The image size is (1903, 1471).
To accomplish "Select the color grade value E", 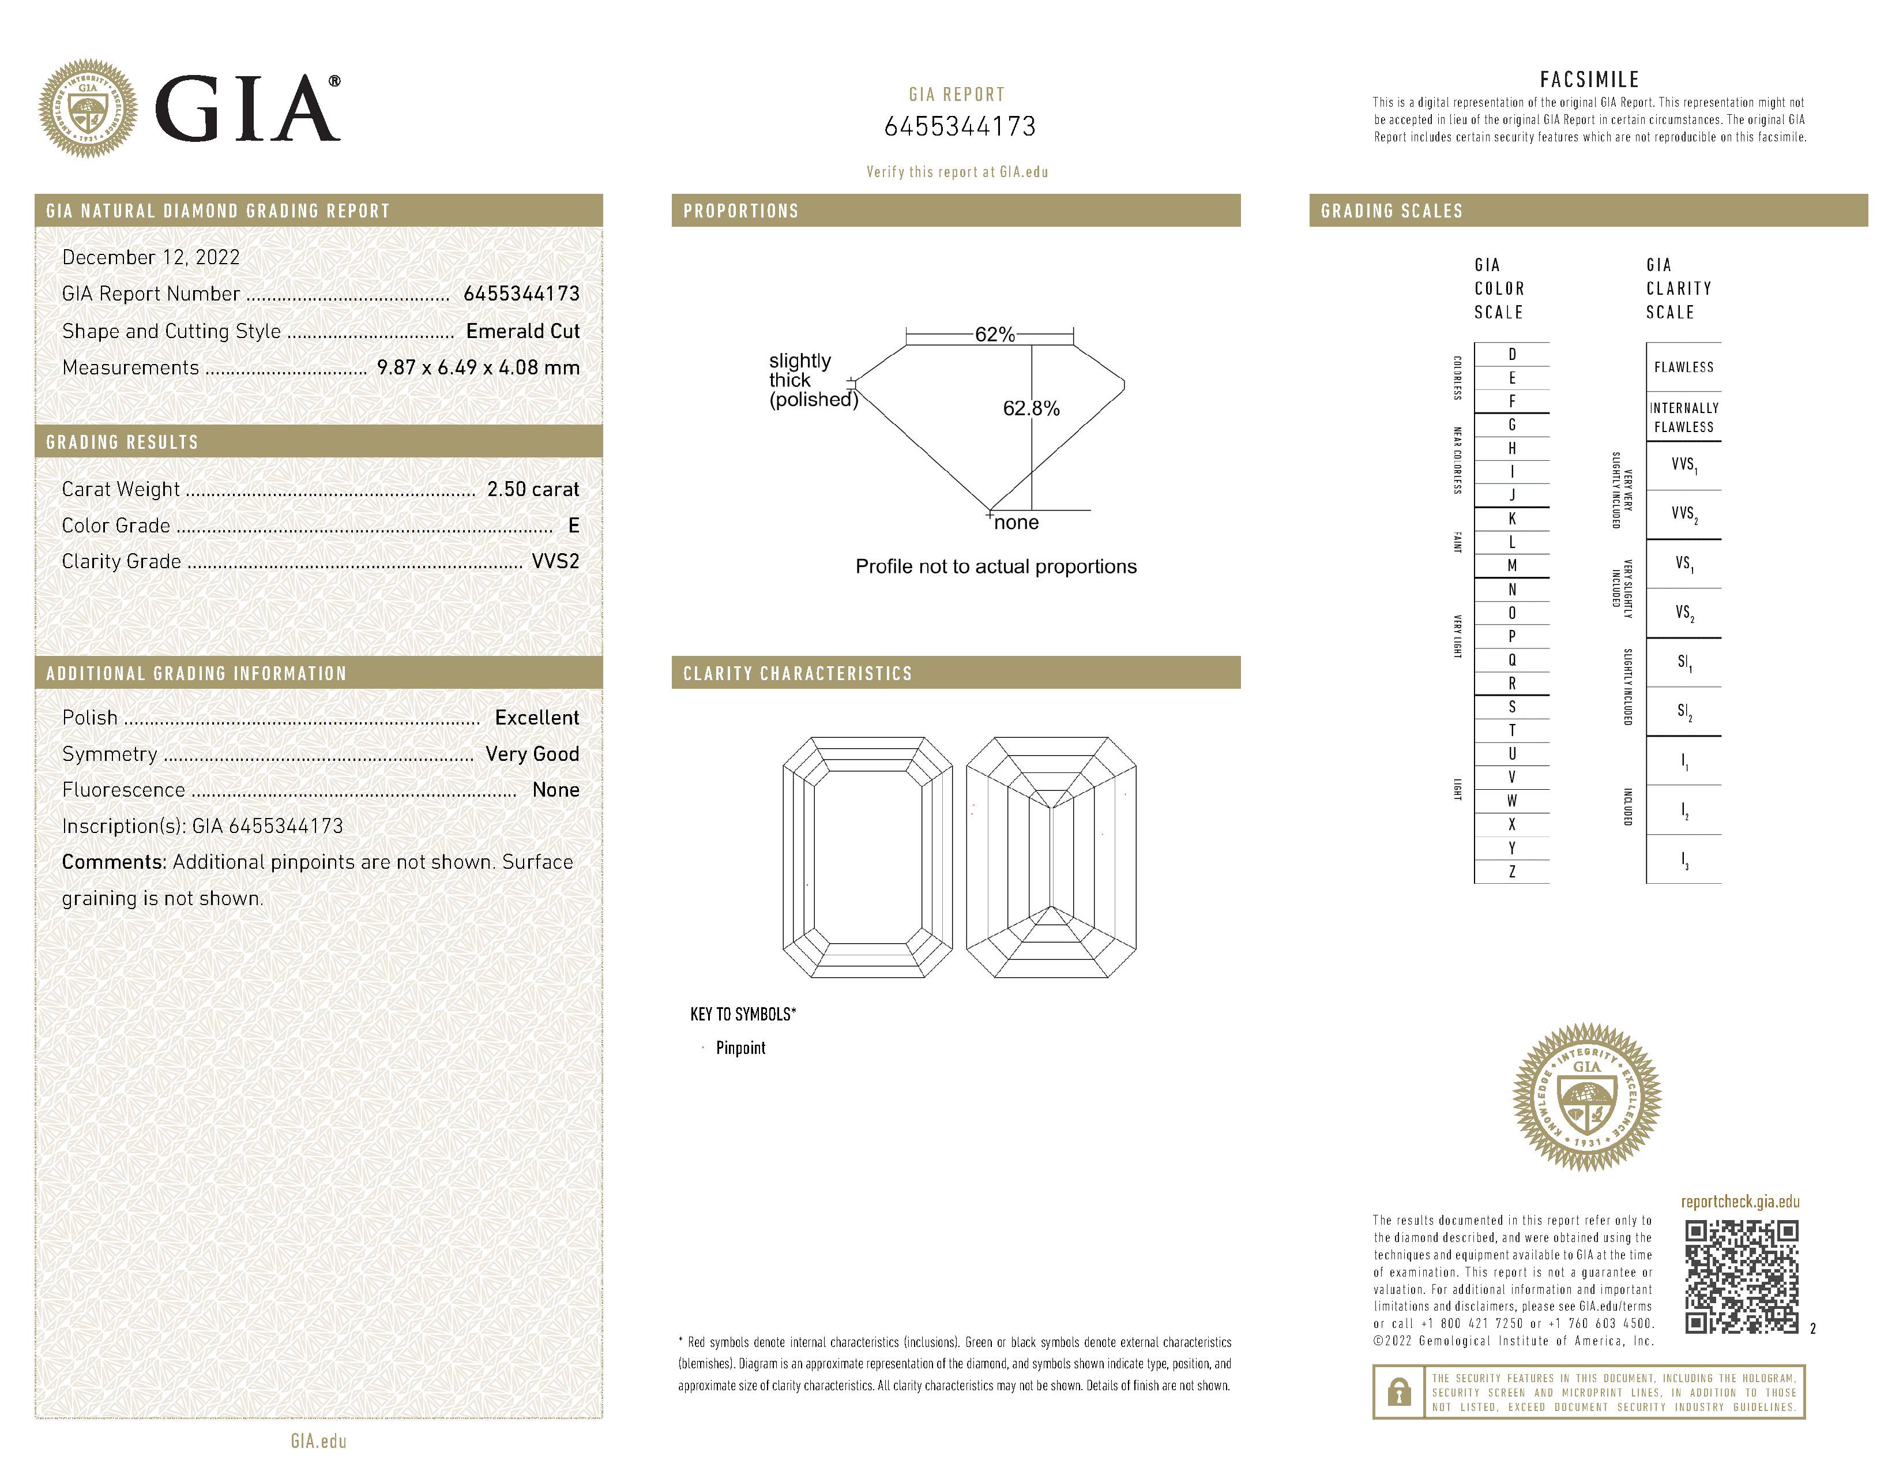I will point(573,526).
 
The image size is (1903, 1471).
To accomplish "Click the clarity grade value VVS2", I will point(555,561).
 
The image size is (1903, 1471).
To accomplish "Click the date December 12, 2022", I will point(151,257).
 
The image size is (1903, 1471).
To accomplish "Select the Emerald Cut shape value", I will point(523,331).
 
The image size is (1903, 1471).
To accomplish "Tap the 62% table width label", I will point(994,335).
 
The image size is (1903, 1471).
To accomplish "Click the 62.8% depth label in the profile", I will point(1031,409).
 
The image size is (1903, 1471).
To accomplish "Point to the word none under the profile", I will point(1016,523).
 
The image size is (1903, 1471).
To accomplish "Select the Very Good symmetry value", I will point(532,754).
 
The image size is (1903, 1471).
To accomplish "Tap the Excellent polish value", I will point(537,717).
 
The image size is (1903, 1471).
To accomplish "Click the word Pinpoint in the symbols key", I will point(740,1048).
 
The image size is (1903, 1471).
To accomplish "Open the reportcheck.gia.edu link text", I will point(1740,1202).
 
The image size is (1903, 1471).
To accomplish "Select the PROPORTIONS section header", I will point(740,211).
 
